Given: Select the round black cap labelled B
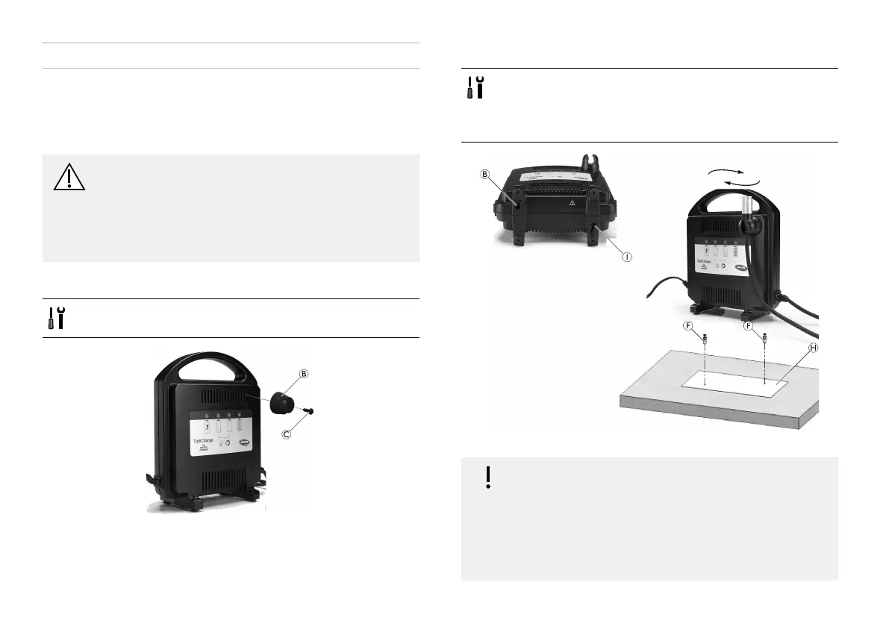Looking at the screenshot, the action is (x=275, y=400).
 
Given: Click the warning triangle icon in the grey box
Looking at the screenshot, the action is (x=69, y=177).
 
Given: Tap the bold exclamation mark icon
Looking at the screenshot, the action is (x=488, y=477).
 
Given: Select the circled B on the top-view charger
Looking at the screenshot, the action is (x=484, y=176).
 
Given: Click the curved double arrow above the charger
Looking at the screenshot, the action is (x=734, y=178).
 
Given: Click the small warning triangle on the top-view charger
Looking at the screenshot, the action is (x=572, y=201).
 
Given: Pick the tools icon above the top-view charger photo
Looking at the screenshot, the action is (x=475, y=87).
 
